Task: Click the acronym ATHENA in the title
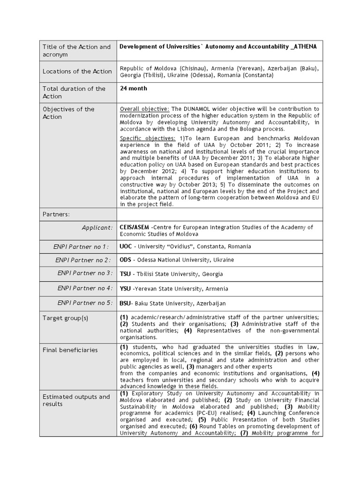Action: (x=303, y=47)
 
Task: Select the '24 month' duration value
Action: (x=133, y=88)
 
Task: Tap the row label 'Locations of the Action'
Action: (x=77, y=72)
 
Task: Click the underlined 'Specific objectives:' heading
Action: (x=148, y=138)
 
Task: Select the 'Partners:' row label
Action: (x=56, y=214)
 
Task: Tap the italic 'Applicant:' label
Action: (x=97, y=228)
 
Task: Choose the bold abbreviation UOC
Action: (x=126, y=247)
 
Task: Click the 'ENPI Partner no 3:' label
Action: (x=85, y=273)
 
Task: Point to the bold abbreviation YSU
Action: (x=125, y=289)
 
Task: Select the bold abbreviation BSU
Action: (x=125, y=303)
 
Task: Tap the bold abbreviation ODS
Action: (x=126, y=260)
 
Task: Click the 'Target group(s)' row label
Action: (x=65, y=318)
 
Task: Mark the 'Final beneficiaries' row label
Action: (x=70, y=350)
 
